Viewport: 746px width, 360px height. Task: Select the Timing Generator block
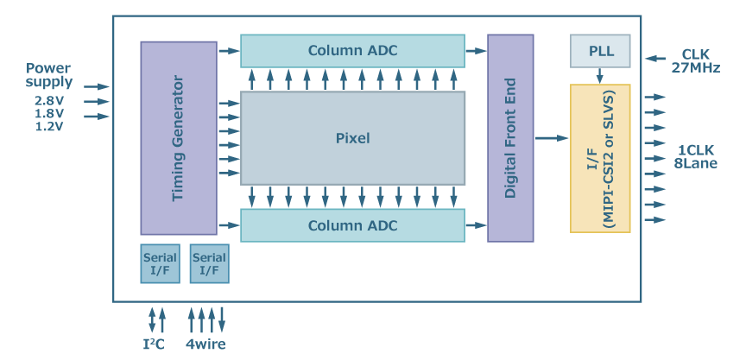pyautogui.click(x=179, y=138)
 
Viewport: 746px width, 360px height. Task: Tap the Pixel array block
pyautogui.click(x=352, y=138)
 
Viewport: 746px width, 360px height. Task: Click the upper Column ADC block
pyautogui.click(x=352, y=51)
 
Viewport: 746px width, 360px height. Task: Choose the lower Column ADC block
pyautogui.click(x=352, y=225)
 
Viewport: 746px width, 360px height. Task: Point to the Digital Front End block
pyautogui.click(x=510, y=138)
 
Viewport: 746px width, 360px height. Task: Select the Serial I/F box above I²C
pyautogui.click(x=160, y=263)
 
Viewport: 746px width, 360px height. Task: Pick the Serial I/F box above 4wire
pyautogui.click(x=209, y=263)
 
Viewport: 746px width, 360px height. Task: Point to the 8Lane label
pyautogui.click(x=695, y=163)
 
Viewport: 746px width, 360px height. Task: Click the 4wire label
pyautogui.click(x=206, y=344)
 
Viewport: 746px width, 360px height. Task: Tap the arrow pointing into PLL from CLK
pyautogui.click(x=656, y=59)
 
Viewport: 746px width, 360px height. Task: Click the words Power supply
pyautogui.click(x=48, y=75)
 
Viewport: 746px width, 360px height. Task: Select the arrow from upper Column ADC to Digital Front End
pyautogui.click(x=476, y=51)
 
